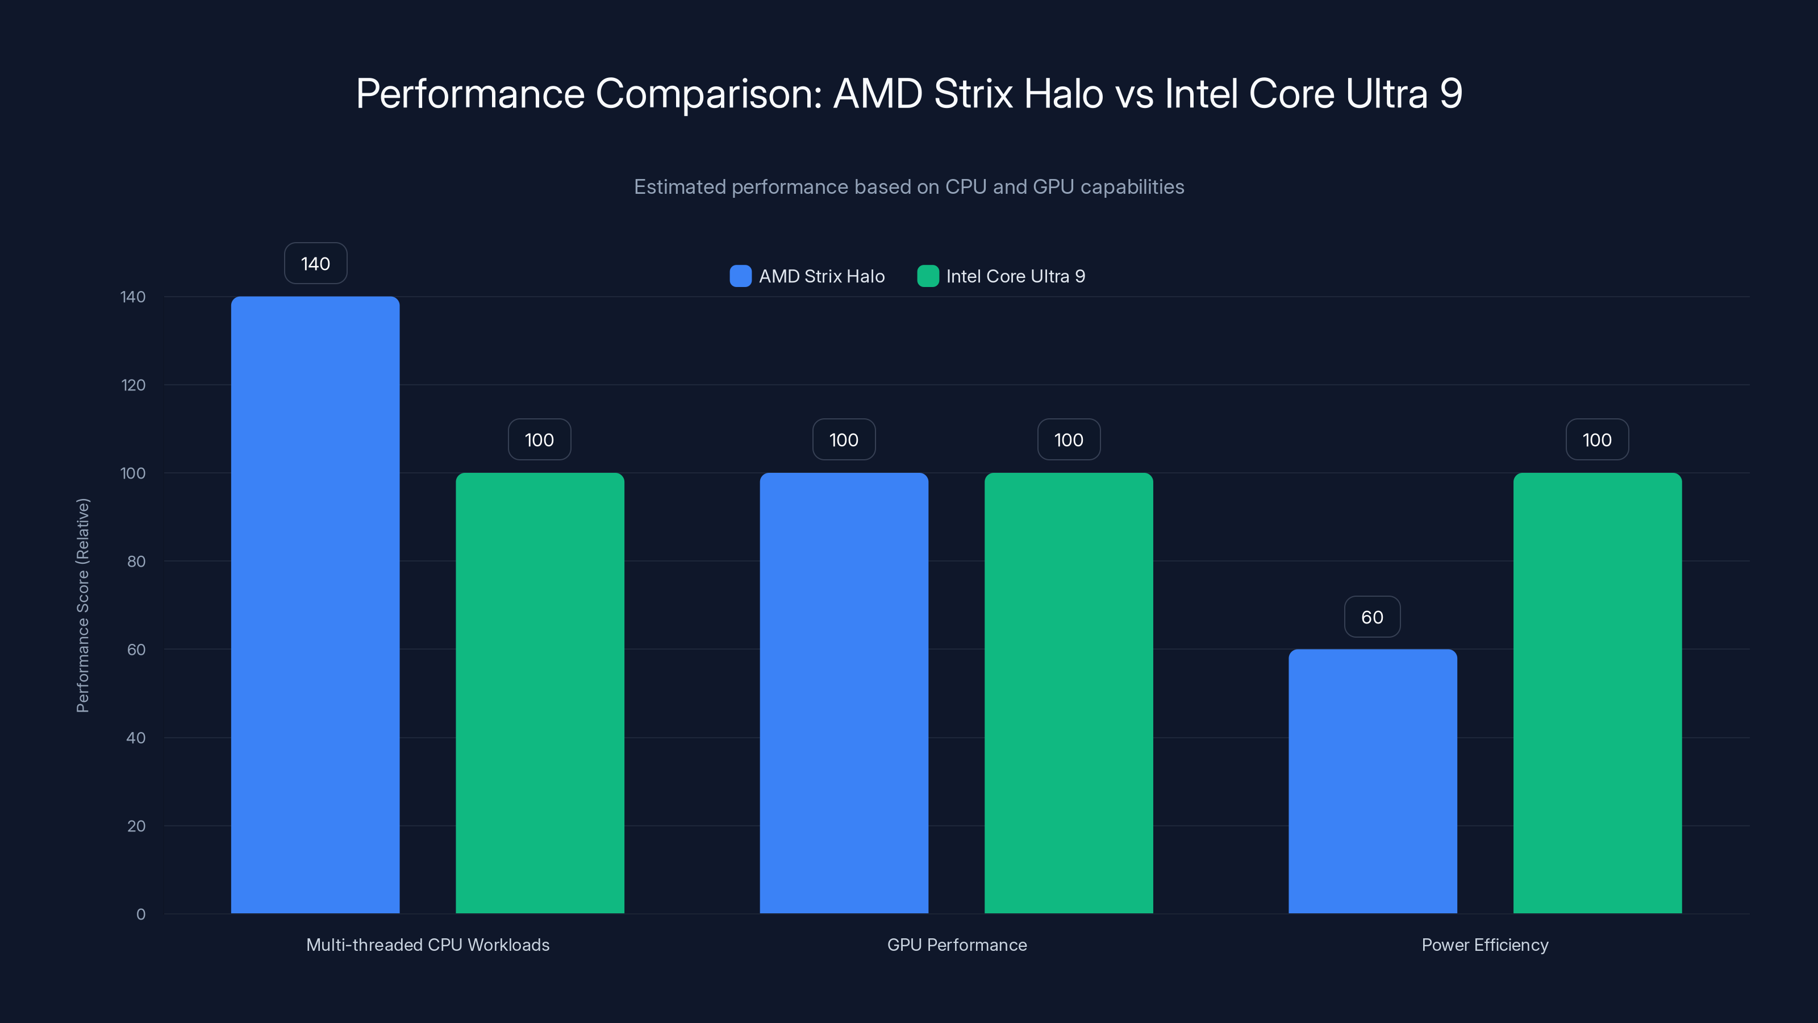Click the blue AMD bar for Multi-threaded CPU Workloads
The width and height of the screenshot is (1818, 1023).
[315, 605]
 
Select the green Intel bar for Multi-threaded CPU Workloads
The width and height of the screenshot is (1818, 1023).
[540, 693]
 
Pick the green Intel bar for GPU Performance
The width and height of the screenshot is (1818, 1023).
[1069, 693]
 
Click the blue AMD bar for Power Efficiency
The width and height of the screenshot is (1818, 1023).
[1373, 781]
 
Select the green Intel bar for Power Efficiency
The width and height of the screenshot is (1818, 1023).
[1597, 693]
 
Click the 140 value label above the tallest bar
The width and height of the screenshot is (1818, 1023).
[315, 263]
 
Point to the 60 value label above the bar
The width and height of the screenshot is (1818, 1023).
[1372, 617]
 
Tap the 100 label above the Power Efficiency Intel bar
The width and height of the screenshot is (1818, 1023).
[1597, 440]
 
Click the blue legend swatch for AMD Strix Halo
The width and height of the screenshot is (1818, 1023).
[740, 276]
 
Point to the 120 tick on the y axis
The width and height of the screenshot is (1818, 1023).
[134, 385]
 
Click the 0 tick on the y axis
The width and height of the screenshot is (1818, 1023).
[141, 914]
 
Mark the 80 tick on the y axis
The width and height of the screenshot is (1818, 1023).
[136, 562]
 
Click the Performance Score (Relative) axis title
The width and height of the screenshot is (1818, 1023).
[82, 605]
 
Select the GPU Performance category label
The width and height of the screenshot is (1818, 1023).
[956, 945]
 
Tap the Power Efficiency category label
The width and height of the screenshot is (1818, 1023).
[1485, 945]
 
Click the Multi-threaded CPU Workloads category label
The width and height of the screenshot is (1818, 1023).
[428, 945]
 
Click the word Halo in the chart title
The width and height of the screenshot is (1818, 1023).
[1064, 94]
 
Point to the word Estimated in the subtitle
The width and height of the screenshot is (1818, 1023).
[679, 187]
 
